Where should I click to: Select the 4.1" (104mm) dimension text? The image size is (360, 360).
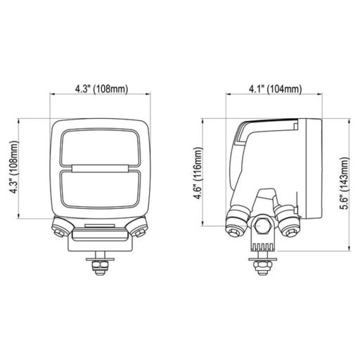[x=276, y=89]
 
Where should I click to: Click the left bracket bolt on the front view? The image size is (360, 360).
[x=61, y=229]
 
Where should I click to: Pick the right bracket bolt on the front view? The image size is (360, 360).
[x=139, y=229]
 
